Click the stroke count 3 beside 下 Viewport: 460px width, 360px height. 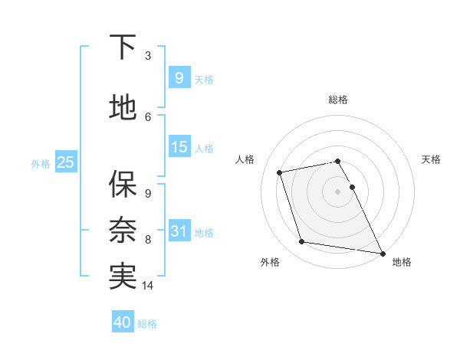[x=148, y=56]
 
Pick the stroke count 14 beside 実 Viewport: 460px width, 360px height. [x=149, y=286]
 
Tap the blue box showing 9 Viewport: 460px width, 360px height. [x=179, y=77]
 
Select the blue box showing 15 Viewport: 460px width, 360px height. [x=179, y=146]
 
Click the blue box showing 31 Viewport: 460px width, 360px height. [x=179, y=231]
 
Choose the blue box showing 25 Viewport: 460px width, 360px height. [x=65, y=162]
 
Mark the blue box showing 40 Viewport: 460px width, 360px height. [x=123, y=322]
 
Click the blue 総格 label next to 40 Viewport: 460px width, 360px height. [x=147, y=324]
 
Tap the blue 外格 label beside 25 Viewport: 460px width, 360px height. [x=41, y=163]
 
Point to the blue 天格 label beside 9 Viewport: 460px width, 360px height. [x=204, y=79]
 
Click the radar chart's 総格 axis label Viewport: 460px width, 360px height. [x=338, y=100]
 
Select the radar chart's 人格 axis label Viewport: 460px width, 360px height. [x=245, y=159]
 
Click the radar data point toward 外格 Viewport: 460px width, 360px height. [x=302, y=242]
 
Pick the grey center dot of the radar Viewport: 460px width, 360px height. [x=338, y=191]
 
